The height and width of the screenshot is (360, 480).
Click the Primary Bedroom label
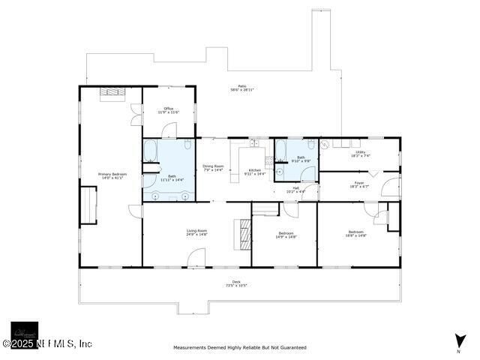pos(112,175)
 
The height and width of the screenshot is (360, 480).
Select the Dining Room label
pos(213,168)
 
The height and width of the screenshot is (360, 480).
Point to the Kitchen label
pos(255,172)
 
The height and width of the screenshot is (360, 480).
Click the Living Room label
pos(196,232)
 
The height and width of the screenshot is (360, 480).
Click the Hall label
pos(296,189)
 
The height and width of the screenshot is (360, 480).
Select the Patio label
pos(242,88)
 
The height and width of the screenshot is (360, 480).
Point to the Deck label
pos(236,283)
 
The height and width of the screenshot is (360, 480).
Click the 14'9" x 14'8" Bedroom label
pos(286,235)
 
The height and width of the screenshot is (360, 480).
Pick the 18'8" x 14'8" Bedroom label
pos(355,233)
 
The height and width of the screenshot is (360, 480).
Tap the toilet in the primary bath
pos(188,145)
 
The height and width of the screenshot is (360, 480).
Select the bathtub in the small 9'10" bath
pos(280,151)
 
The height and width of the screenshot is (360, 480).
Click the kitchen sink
pos(254,142)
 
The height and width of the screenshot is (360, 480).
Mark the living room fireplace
pos(242,235)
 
